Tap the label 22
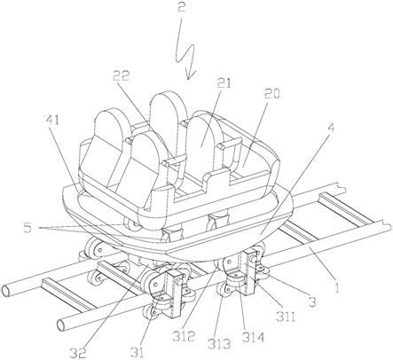[121, 77]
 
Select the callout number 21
[224, 83]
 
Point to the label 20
[271, 94]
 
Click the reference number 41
[52, 121]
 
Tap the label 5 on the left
[28, 228]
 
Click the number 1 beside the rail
[337, 286]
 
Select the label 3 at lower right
[312, 302]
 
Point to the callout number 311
[286, 317]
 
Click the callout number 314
[253, 337]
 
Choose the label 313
[219, 344]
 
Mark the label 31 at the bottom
[137, 352]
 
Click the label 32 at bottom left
[78, 352]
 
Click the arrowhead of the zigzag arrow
[189, 75]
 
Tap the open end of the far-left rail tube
[6, 291]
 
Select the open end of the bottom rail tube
[62, 325]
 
